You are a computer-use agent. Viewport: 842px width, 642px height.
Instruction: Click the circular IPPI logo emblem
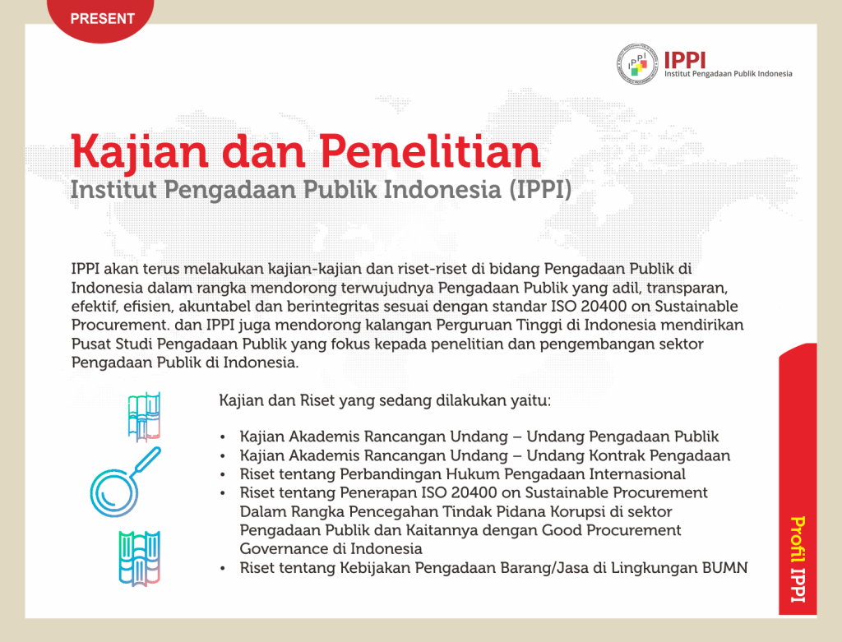(637, 64)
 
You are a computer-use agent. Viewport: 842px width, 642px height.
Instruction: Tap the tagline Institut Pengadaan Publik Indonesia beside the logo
(729, 74)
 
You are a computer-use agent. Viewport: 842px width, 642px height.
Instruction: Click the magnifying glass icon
(125, 482)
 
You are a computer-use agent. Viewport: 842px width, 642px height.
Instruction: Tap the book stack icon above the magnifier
(144, 417)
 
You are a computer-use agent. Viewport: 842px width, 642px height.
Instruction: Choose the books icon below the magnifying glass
(140, 557)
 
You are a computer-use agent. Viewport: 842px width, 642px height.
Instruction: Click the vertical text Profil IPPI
(798, 559)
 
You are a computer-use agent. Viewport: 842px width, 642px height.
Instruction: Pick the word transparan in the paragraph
(687, 289)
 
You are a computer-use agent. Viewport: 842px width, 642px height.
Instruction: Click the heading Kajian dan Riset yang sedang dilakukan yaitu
(385, 401)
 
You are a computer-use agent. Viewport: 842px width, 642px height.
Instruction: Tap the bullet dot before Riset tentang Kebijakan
(223, 569)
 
